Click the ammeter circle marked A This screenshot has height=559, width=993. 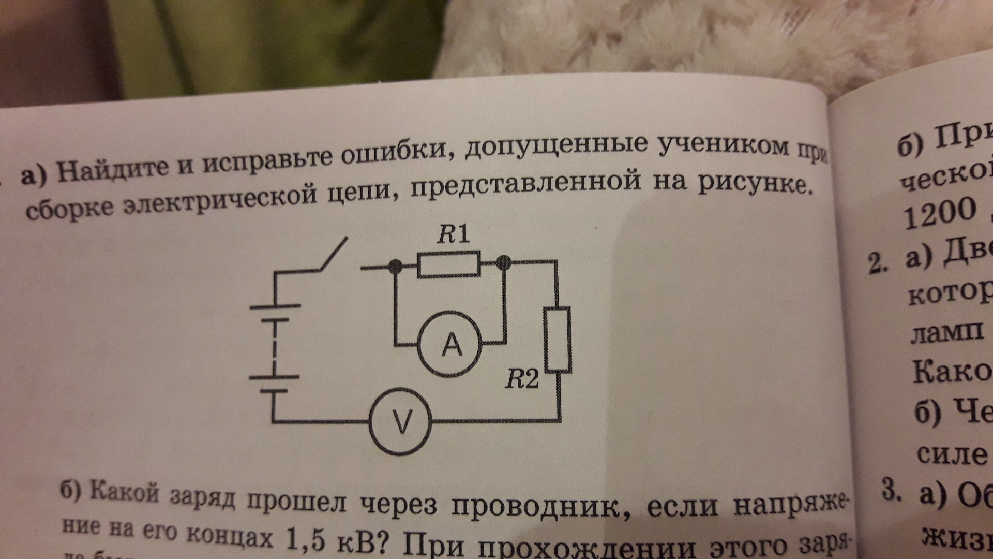coord(450,342)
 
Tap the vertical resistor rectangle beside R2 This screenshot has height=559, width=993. coord(558,340)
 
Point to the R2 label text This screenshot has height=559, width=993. coord(522,381)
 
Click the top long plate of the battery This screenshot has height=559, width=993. coord(275,306)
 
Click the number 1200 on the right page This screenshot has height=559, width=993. coord(939,212)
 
